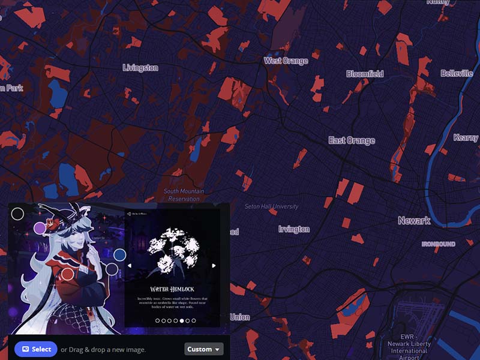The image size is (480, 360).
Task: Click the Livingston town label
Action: click(x=140, y=68)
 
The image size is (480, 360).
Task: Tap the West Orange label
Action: click(x=286, y=61)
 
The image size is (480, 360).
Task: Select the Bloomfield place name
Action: click(x=364, y=74)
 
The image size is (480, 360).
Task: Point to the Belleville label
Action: click(x=457, y=73)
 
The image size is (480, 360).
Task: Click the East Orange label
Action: click(x=352, y=140)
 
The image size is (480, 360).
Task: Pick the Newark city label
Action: click(x=414, y=220)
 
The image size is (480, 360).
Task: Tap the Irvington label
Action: click(x=294, y=229)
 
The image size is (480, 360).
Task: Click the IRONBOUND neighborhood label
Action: click(x=438, y=244)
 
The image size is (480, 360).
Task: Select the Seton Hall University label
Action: click(x=271, y=206)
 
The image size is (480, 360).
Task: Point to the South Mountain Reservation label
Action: click(x=184, y=195)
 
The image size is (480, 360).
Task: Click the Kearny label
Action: click(x=466, y=137)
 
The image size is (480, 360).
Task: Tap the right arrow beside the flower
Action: click(x=214, y=265)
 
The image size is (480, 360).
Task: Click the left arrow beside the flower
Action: click(x=130, y=265)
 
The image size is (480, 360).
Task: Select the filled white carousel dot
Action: click(x=182, y=321)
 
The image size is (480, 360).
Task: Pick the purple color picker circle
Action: click(x=40, y=229)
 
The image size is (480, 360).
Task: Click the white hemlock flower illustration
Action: click(x=172, y=247)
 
